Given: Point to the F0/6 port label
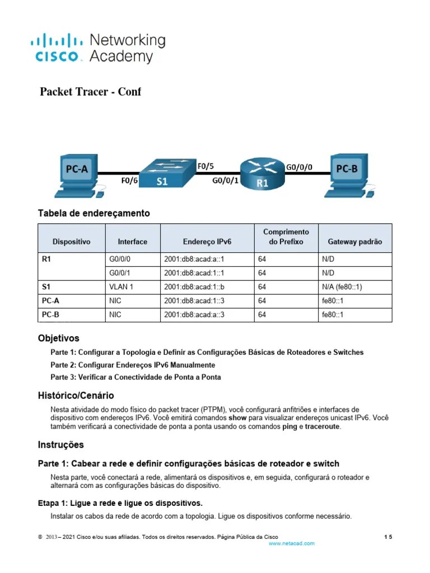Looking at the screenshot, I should (129, 180).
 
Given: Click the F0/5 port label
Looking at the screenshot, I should (205, 166).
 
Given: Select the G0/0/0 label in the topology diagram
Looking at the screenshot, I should (300, 167).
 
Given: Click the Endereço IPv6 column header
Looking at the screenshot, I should (207, 242).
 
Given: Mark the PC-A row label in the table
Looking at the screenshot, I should (50, 300).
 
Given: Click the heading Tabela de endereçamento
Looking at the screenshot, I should (94, 213).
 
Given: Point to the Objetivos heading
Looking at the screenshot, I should (58, 339).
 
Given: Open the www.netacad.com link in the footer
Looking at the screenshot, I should (291, 543).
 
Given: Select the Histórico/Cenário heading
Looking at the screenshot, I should (76, 395).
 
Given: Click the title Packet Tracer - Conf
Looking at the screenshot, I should (90, 92).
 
